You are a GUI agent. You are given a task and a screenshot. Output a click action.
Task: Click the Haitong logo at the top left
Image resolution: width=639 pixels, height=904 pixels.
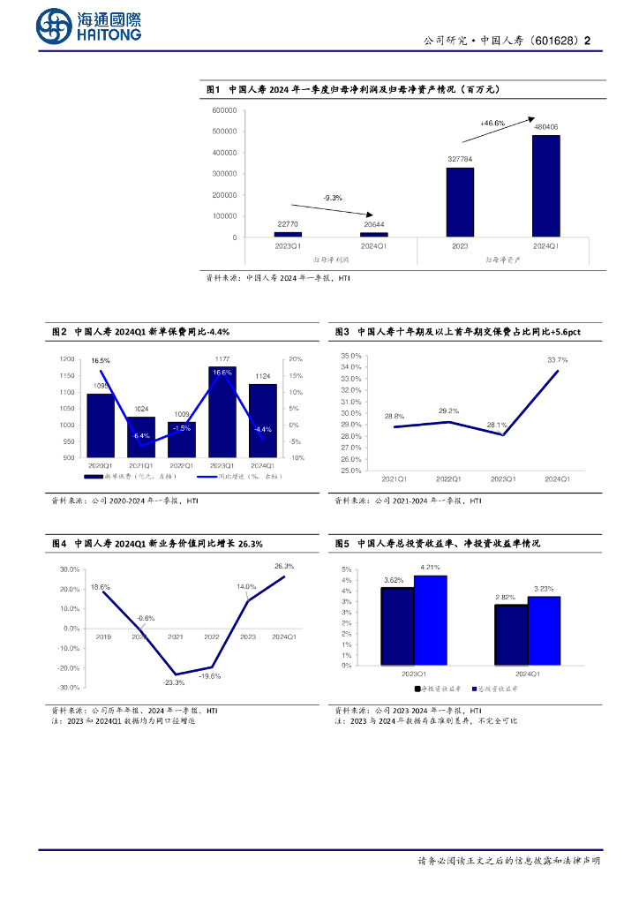(89, 26)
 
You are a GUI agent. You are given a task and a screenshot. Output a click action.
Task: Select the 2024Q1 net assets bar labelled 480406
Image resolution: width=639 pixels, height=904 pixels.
(545, 185)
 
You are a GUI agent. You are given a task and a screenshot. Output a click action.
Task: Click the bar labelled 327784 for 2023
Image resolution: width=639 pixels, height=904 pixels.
(460, 202)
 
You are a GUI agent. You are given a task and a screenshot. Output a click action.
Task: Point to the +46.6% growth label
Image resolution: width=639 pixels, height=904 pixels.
(492, 124)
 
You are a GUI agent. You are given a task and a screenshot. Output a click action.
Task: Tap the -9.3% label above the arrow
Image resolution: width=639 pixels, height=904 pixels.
(333, 197)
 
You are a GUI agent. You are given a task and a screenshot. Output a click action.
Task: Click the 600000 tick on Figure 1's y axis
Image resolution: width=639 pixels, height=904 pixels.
(224, 110)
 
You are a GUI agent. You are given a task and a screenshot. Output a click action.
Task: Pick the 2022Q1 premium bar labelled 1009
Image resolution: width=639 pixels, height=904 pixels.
(181, 440)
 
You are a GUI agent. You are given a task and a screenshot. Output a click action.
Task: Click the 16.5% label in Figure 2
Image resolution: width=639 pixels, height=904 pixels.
(101, 361)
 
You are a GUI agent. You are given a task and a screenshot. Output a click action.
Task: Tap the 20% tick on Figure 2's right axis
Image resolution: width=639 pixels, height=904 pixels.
(296, 359)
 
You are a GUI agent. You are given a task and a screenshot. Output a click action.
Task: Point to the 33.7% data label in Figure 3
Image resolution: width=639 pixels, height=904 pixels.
(557, 360)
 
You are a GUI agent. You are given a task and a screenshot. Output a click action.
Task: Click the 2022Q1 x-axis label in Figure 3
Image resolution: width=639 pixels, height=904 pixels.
(448, 478)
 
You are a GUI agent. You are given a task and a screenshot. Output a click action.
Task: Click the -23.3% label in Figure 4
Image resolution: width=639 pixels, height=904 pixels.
(174, 682)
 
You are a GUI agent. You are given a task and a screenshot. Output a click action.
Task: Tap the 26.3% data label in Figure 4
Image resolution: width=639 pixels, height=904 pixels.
(284, 566)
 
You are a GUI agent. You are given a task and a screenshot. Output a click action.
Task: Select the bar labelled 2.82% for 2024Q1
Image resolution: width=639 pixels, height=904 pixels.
(510, 635)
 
